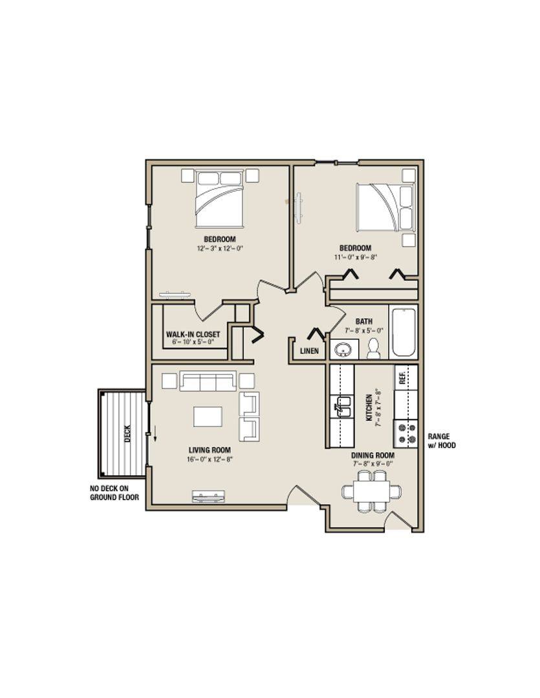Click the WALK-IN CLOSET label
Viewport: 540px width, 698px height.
click(x=193, y=334)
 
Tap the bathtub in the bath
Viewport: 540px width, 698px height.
click(x=403, y=333)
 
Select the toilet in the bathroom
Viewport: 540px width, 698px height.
click(x=373, y=348)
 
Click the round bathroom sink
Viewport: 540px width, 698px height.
click(x=343, y=350)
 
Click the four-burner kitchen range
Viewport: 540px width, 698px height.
click(x=406, y=434)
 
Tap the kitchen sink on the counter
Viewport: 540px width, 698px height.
click(x=342, y=405)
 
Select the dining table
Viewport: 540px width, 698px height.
click(x=372, y=491)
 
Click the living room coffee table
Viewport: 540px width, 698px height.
click(x=208, y=417)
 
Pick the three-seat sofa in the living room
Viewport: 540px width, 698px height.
click(x=208, y=381)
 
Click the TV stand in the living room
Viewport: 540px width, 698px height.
click(x=208, y=496)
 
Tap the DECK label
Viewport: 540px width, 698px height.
click(x=128, y=434)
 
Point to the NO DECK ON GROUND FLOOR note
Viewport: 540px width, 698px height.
click(x=114, y=492)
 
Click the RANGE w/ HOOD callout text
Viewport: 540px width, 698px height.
click(x=442, y=441)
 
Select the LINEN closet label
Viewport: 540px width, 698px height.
click(x=309, y=351)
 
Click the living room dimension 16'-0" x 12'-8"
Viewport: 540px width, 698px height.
click(x=210, y=459)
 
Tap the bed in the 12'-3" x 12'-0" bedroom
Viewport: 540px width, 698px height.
click(x=219, y=198)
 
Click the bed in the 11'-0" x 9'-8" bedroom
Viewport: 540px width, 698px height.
click(x=385, y=207)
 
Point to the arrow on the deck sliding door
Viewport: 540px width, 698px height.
click(x=155, y=432)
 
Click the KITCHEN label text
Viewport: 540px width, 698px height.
click(x=369, y=408)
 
